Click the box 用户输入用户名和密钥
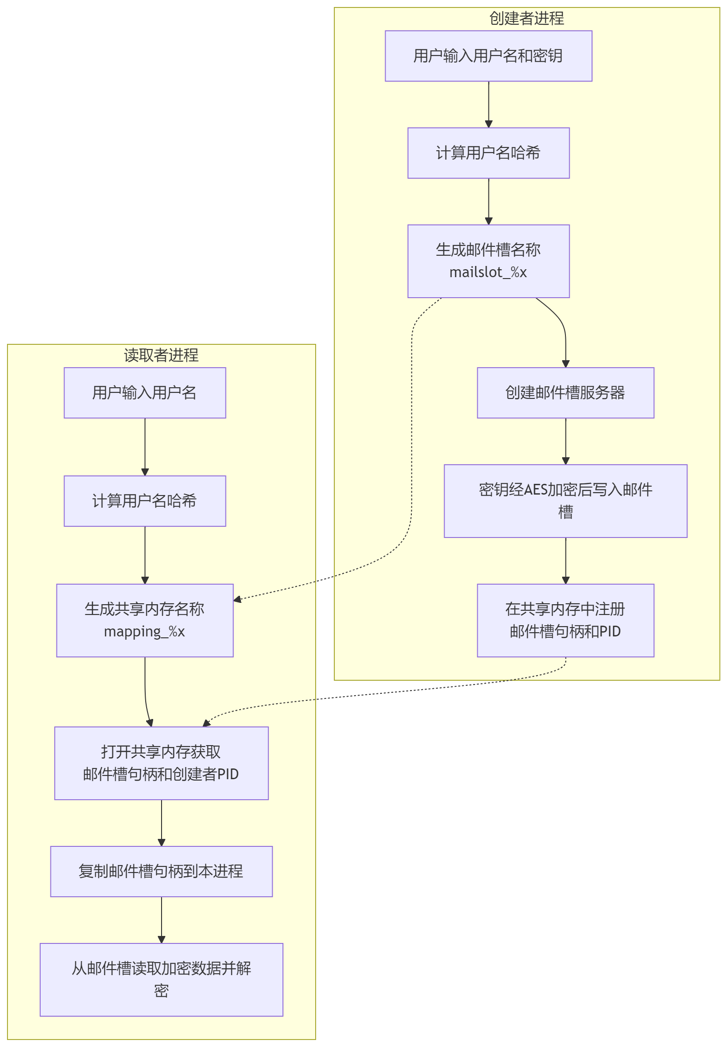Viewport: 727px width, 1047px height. coord(488,56)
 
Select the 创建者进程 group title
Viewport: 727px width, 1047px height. coord(527,19)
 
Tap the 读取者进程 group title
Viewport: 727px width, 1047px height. coord(161,356)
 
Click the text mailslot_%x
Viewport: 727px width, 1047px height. coord(488,272)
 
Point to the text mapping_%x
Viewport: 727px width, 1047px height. coord(144,632)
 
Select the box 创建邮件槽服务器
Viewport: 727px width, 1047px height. coord(565,393)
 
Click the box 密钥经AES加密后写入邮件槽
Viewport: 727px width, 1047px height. coord(565,501)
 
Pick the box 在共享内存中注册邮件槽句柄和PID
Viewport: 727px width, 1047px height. coord(565,621)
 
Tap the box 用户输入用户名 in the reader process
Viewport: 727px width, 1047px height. coord(145,393)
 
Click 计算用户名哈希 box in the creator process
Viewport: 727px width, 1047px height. coord(488,153)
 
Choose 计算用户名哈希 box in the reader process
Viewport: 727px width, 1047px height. coord(145,501)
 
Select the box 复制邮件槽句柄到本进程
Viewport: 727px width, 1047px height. coord(161,872)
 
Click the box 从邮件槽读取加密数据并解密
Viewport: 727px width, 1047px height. coord(161,980)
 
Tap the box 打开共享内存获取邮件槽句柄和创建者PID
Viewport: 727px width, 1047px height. coord(161,763)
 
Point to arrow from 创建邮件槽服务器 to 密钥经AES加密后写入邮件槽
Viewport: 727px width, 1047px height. coord(565,441)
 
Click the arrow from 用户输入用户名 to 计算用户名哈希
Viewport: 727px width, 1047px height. coord(145,447)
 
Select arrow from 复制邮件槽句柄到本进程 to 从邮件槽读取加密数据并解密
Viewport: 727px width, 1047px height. coord(161,920)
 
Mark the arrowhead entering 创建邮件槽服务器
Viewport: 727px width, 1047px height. coord(565,364)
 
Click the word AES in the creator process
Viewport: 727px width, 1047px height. coord(535,490)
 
